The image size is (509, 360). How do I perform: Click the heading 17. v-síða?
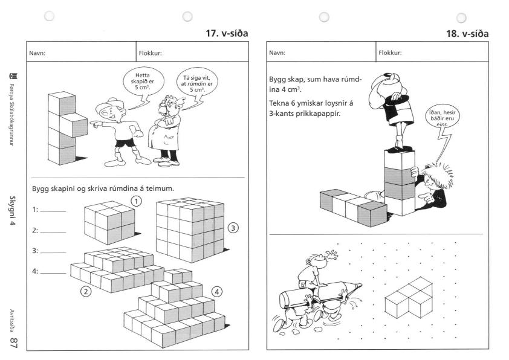227,33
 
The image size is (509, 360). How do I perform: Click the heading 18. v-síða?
467,34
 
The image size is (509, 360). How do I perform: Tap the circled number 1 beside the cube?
137,201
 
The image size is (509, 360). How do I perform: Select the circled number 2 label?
86,292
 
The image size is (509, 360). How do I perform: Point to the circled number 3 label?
233,228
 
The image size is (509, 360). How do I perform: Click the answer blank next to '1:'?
53,211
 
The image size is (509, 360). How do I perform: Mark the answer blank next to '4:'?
53,273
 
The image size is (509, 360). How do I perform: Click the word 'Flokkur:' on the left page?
150,53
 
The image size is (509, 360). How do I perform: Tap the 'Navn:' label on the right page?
277,53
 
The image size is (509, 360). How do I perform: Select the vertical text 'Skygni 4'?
12,210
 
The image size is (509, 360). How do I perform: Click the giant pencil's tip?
359,286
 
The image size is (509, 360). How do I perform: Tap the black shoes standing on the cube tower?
400,149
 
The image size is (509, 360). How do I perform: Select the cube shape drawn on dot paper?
409,298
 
